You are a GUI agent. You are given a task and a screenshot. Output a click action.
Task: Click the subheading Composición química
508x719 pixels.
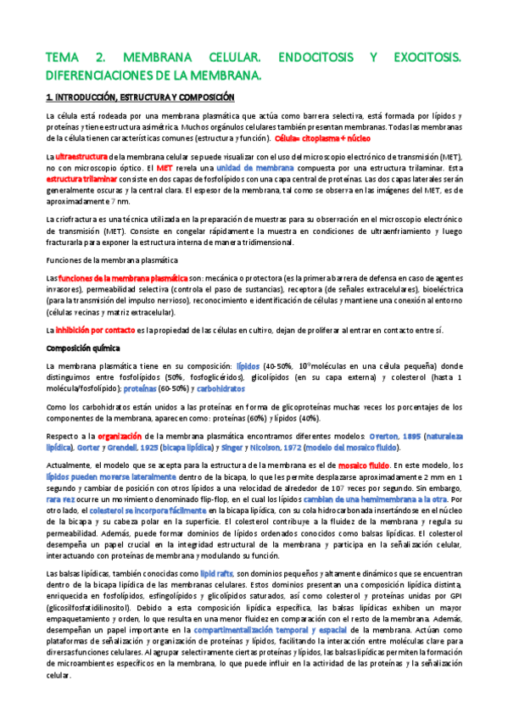83,348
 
